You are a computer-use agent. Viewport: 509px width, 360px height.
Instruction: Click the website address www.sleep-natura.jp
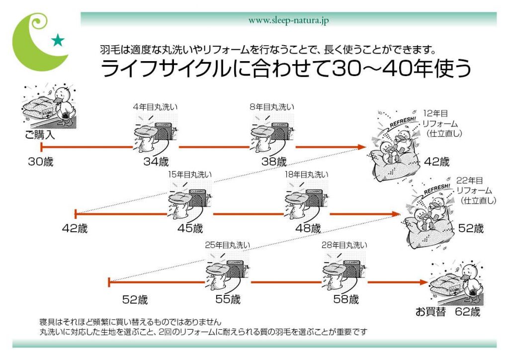coord(288,20)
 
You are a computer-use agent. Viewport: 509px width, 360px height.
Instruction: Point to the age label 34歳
coord(156,162)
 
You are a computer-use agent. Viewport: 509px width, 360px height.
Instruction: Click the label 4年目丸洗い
coord(155,107)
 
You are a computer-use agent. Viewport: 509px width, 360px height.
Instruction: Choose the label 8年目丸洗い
coord(272,107)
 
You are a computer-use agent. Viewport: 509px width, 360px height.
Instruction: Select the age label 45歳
coord(190,229)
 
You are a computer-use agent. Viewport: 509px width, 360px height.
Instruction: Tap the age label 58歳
coord(346,300)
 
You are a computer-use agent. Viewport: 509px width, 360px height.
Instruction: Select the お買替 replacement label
coord(430,312)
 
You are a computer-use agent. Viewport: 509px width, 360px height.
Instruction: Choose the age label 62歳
coord(468,312)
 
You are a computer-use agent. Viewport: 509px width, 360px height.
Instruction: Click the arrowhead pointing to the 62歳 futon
coord(423,282)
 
